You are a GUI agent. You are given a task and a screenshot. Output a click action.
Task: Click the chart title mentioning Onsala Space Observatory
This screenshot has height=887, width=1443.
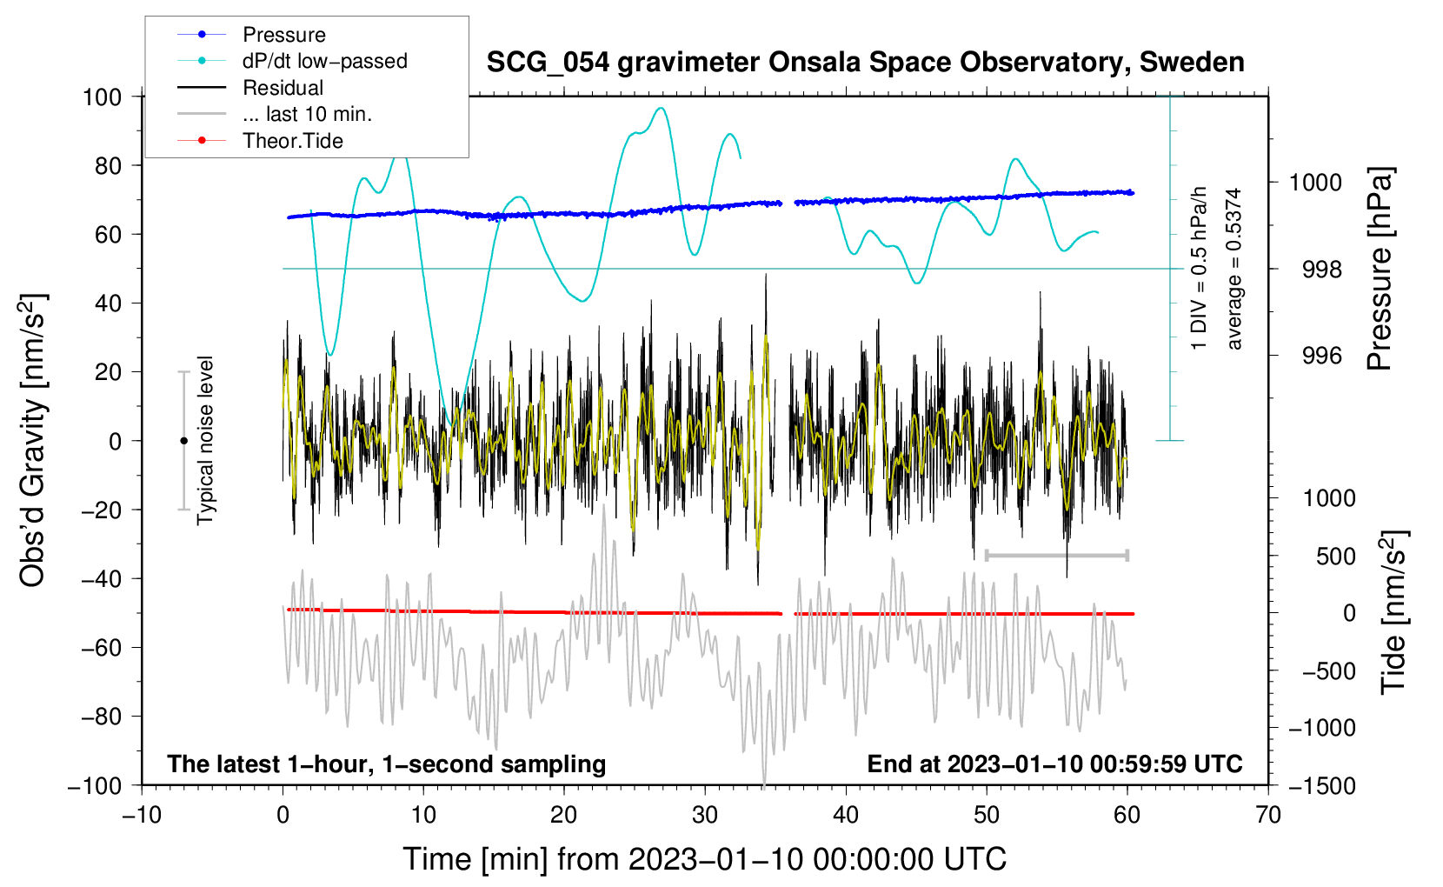coord(865,63)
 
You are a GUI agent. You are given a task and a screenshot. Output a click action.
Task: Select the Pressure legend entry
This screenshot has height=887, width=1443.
coord(283,35)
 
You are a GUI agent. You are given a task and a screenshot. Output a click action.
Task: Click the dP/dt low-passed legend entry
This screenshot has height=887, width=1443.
coord(324,61)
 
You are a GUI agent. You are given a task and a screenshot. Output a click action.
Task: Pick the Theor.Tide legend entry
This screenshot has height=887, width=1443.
coord(292,141)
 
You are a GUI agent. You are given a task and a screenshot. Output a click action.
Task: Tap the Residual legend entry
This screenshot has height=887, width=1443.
coord(283,88)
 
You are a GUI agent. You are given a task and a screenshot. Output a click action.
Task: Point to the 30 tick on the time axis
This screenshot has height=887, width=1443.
coord(705,815)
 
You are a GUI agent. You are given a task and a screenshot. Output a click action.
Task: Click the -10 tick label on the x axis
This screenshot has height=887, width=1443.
coord(142,815)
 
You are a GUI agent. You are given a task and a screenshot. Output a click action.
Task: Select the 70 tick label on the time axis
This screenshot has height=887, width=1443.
coord(1268,815)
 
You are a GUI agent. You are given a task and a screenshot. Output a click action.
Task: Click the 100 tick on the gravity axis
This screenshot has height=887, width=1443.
coord(102,97)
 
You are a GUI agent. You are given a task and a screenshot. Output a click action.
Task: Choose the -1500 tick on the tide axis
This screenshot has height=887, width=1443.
coord(1321,785)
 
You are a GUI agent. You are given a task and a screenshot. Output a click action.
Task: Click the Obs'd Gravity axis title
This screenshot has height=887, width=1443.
coord(33,440)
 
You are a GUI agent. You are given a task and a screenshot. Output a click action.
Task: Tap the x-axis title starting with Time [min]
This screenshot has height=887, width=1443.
coord(704,859)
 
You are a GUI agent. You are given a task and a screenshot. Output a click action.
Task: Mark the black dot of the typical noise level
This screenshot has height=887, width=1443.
coord(183,441)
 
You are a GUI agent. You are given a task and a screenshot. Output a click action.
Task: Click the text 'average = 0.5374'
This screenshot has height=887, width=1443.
coord(1234,270)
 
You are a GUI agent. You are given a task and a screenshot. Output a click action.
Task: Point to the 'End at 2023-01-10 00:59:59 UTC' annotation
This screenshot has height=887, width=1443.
coord(1054,764)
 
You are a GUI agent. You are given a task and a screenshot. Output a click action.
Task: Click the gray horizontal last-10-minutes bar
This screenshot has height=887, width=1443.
coord(1056,555)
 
